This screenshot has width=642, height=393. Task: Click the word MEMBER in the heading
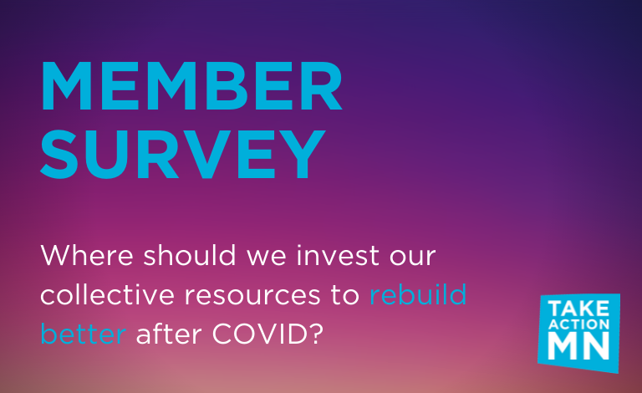tap(191, 86)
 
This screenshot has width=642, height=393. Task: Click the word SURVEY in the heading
tap(182, 154)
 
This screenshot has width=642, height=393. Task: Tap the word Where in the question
tap(87, 255)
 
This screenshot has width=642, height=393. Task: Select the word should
tap(190, 255)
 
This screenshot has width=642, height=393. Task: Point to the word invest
tap(338, 255)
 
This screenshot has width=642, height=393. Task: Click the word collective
tap(107, 294)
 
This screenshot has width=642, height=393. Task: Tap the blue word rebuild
tap(418, 294)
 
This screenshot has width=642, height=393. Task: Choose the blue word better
tap(83, 334)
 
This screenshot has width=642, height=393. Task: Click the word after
tap(169, 334)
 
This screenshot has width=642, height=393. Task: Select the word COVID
tap(260, 334)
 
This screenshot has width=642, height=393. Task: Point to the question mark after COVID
tap(316, 334)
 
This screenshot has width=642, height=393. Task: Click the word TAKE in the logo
tap(578, 309)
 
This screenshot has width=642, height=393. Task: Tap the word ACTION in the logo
tap(578, 324)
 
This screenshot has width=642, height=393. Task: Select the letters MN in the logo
tap(578, 346)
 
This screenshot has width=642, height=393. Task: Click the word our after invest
tap(412, 258)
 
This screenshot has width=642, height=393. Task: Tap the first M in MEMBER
tap(66, 86)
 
